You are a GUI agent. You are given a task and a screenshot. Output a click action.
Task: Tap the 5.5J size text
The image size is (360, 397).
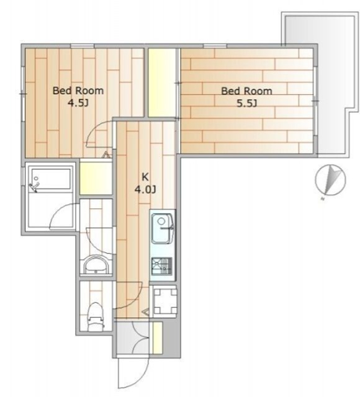click(x=247, y=104)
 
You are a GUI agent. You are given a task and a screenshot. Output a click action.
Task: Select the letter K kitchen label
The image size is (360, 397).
click(x=145, y=177)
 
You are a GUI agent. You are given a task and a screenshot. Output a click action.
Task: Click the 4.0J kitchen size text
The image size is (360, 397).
click(x=145, y=189)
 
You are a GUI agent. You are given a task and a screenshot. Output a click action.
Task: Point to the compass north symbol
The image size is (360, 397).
click(x=330, y=180)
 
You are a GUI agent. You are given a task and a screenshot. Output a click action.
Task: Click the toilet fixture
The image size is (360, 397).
click(x=96, y=316)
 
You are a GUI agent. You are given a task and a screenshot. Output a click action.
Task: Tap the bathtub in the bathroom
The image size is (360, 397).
click(x=51, y=179)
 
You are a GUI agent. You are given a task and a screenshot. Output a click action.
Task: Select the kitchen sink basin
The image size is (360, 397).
click(x=162, y=228)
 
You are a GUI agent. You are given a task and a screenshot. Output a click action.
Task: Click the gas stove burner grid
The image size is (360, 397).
click(x=162, y=266)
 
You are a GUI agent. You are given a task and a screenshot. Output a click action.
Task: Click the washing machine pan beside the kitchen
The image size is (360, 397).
click(x=164, y=301)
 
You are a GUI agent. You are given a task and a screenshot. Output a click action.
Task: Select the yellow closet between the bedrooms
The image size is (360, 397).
click(x=162, y=83)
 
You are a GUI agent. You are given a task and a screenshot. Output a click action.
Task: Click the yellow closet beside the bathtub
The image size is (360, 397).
click(x=96, y=179)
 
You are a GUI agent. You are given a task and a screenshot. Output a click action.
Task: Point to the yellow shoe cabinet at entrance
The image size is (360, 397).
click(x=157, y=337)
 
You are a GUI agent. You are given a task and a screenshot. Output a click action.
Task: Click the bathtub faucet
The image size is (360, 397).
click(x=34, y=187)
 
